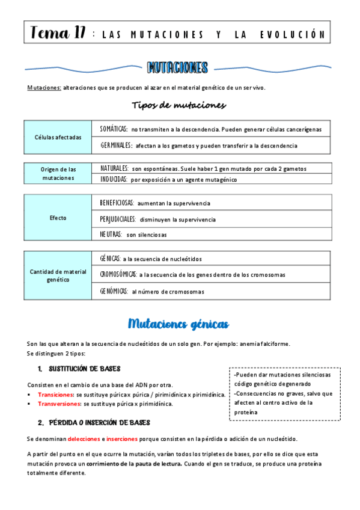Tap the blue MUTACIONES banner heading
click(x=178, y=68)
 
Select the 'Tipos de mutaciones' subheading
click(x=178, y=105)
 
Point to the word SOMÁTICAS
click(x=114, y=129)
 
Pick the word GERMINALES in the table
click(x=116, y=146)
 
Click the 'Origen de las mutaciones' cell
click(x=58, y=173)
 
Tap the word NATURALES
click(x=114, y=168)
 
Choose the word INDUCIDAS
click(x=114, y=179)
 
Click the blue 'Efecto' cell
click(x=58, y=218)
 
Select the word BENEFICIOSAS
click(x=117, y=203)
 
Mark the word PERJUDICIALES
click(x=118, y=220)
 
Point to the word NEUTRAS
click(x=111, y=234)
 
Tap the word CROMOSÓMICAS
click(x=118, y=274)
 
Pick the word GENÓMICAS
click(x=114, y=292)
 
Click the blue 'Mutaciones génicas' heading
click(x=178, y=324)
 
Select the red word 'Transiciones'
click(x=55, y=395)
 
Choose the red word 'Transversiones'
click(x=59, y=404)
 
